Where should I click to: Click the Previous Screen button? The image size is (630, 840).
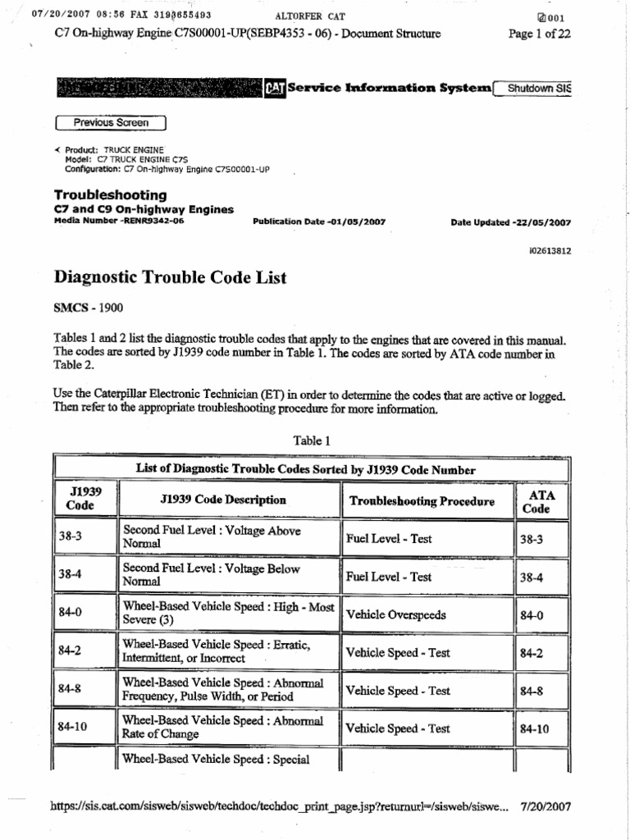tap(110, 123)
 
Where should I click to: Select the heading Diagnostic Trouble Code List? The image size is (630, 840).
tap(170, 278)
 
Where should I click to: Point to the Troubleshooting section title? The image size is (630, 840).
tap(110, 195)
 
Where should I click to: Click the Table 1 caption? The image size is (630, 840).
tap(312, 441)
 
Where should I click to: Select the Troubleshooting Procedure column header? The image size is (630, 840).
tap(422, 501)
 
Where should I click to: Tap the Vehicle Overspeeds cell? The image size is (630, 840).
tap(397, 614)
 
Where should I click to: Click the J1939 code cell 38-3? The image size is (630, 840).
tap(71, 539)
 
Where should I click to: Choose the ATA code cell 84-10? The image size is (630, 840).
tap(534, 728)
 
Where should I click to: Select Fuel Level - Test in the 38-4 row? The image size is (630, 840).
tap(388, 577)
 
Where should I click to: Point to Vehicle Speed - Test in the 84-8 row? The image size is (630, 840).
tap(398, 691)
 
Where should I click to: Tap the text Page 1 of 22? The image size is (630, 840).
tap(539, 34)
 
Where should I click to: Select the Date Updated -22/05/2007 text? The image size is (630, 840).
tap(511, 222)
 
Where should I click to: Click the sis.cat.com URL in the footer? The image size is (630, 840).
tap(280, 806)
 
